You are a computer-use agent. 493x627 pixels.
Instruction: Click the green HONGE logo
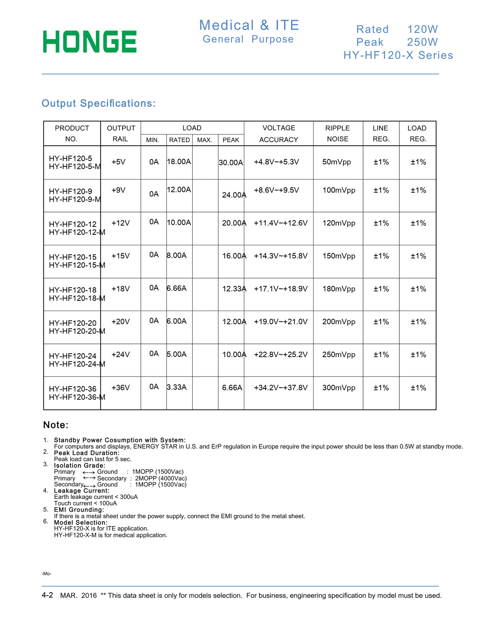click(x=90, y=41)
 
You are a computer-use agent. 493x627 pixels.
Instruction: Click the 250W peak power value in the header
click(x=422, y=42)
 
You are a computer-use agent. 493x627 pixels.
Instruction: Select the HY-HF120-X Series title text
click(x=398, y=55)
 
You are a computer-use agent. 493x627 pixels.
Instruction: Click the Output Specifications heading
click(x=99, y=103)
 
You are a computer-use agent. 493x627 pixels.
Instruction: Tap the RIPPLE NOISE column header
click(x=337, y=133)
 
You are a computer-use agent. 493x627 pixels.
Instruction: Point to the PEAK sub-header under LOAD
click(x=231, y=140)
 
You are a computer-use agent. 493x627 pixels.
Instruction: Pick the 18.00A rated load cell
click(x=179, y=162)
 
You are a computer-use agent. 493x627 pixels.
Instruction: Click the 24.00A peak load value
click(x=234, y=195)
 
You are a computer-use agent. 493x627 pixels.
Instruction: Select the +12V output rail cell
click(x=121, y=223)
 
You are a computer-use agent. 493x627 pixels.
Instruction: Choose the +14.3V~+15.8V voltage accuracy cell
click(x=280, y=256)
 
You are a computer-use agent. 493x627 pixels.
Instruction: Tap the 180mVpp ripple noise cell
click(x=338, y=289)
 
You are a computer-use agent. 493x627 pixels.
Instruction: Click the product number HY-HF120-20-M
click(x=77, y=331)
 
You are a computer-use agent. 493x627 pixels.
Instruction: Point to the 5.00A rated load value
click(x=176, y=354)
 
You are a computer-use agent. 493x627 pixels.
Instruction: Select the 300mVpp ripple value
click(x=338, y=388)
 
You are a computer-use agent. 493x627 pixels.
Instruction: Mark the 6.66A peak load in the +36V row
click(x=232, y=388)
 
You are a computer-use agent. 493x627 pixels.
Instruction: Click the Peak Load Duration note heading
click(x=87, y=453)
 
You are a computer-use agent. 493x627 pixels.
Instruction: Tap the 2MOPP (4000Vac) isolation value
click(x=161, y=478)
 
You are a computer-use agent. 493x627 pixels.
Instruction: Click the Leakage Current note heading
click(x=82, y=491)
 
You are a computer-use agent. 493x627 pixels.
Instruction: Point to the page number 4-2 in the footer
click(x=47, y=595)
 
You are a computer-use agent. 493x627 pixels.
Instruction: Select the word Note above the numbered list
click(x=56, y=425)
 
